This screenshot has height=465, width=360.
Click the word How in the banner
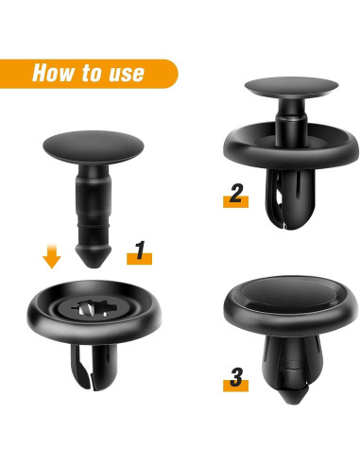(52, 73)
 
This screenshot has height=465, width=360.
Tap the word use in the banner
(127, 74)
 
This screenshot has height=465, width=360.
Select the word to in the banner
(91, 73)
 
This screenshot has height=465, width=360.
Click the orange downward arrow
(51, 256)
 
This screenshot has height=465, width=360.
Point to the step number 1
(140, 250)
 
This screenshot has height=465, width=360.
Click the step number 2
(236, 193)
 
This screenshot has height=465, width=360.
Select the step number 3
(236, 377)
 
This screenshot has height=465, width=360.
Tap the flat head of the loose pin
(94, 147)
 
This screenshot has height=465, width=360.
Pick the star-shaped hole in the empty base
(93, 308)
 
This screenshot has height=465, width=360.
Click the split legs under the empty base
(94, 367)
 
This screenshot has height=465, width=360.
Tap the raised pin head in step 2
(291, 87)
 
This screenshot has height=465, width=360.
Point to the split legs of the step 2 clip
(290, 198)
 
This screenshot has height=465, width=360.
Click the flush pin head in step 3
(289, 294)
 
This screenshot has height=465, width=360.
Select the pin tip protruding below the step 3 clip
(294, 396)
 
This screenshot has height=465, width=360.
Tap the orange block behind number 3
(235, 386)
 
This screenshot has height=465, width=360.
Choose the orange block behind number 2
(235, 202)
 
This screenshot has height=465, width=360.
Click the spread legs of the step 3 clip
(291, 362)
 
